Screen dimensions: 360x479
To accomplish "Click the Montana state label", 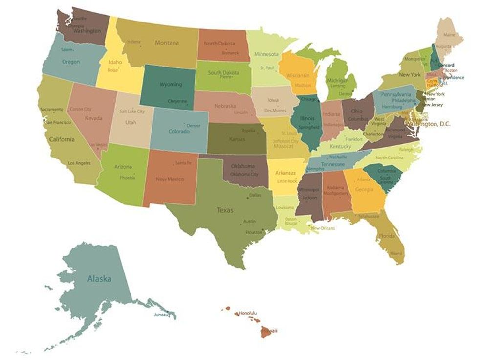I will click(x=167, y=43).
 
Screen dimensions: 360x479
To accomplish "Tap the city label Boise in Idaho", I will click(x=113, y=70).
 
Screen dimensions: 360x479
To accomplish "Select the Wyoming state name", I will click(x=171, y=84).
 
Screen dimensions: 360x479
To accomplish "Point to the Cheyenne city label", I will click(x=177, y=101).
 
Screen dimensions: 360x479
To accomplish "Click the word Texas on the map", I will click(x=225, y=210).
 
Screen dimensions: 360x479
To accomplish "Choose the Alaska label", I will click(x=99, y=279).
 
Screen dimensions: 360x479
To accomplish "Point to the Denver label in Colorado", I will click(x=193, y=126).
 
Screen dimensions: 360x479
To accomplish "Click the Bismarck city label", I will click(x=230, y=53).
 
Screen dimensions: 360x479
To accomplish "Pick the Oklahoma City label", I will click(x=243, y=174).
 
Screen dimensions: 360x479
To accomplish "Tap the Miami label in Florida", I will click(x=396, y=253).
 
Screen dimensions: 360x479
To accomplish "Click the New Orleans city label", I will click(x=323, y=228).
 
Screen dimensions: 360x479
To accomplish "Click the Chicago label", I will click(x=309, y=98).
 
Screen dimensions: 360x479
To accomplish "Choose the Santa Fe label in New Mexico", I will click(x=183, y=162).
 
